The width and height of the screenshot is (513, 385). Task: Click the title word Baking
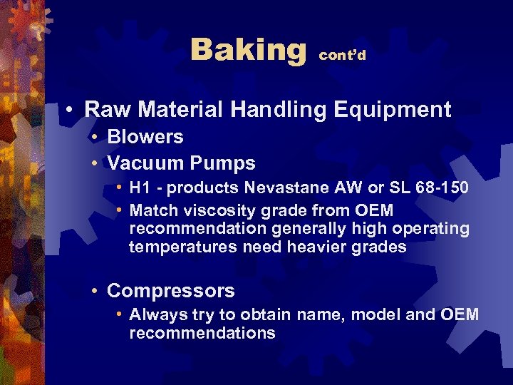(x=247, y=51)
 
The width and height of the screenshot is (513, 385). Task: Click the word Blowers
(x=145, y=137)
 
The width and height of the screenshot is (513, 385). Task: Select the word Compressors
(x=170, y=291)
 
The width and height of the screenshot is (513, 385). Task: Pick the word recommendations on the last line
(x=202, y=334)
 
